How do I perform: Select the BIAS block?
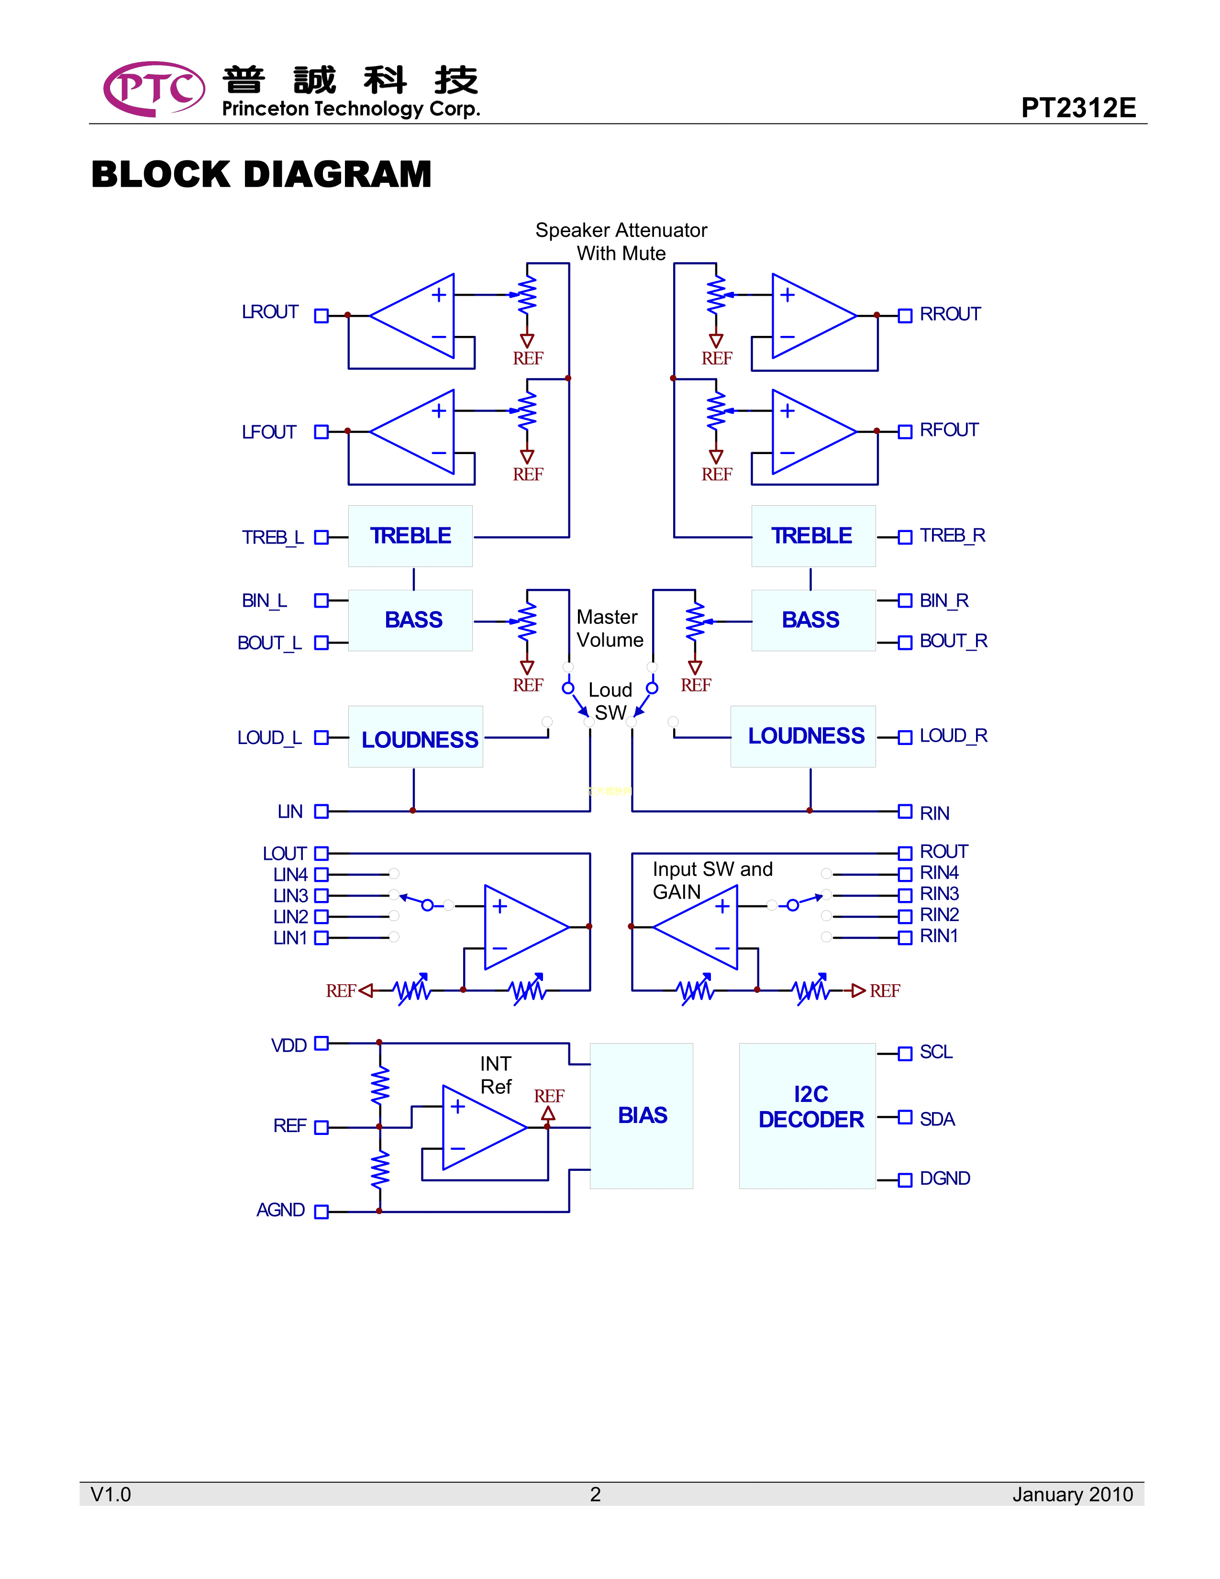[x=642, y=1115]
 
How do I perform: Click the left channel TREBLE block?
[x=410, y=536]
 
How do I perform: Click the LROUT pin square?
[x=322, y=315]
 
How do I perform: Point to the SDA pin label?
[x=937, y=1119]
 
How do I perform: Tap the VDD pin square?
[x=322, y=1043]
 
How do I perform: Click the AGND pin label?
[x=280, y=1210]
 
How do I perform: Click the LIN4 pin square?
[x=322, y=875]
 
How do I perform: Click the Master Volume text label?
[x=609, y=628]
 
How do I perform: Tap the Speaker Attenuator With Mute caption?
[x=621, y=242]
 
